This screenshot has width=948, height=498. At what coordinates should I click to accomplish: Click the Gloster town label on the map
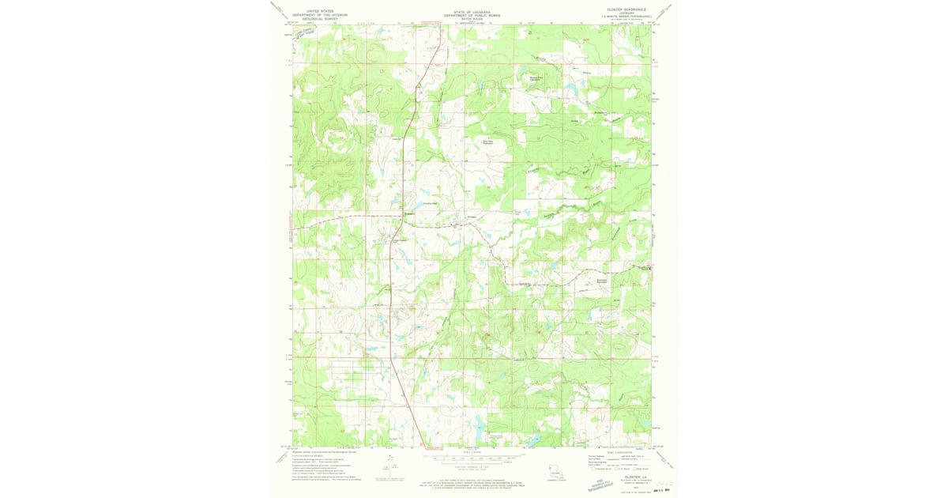pyautogui.click(x=472, y=218)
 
